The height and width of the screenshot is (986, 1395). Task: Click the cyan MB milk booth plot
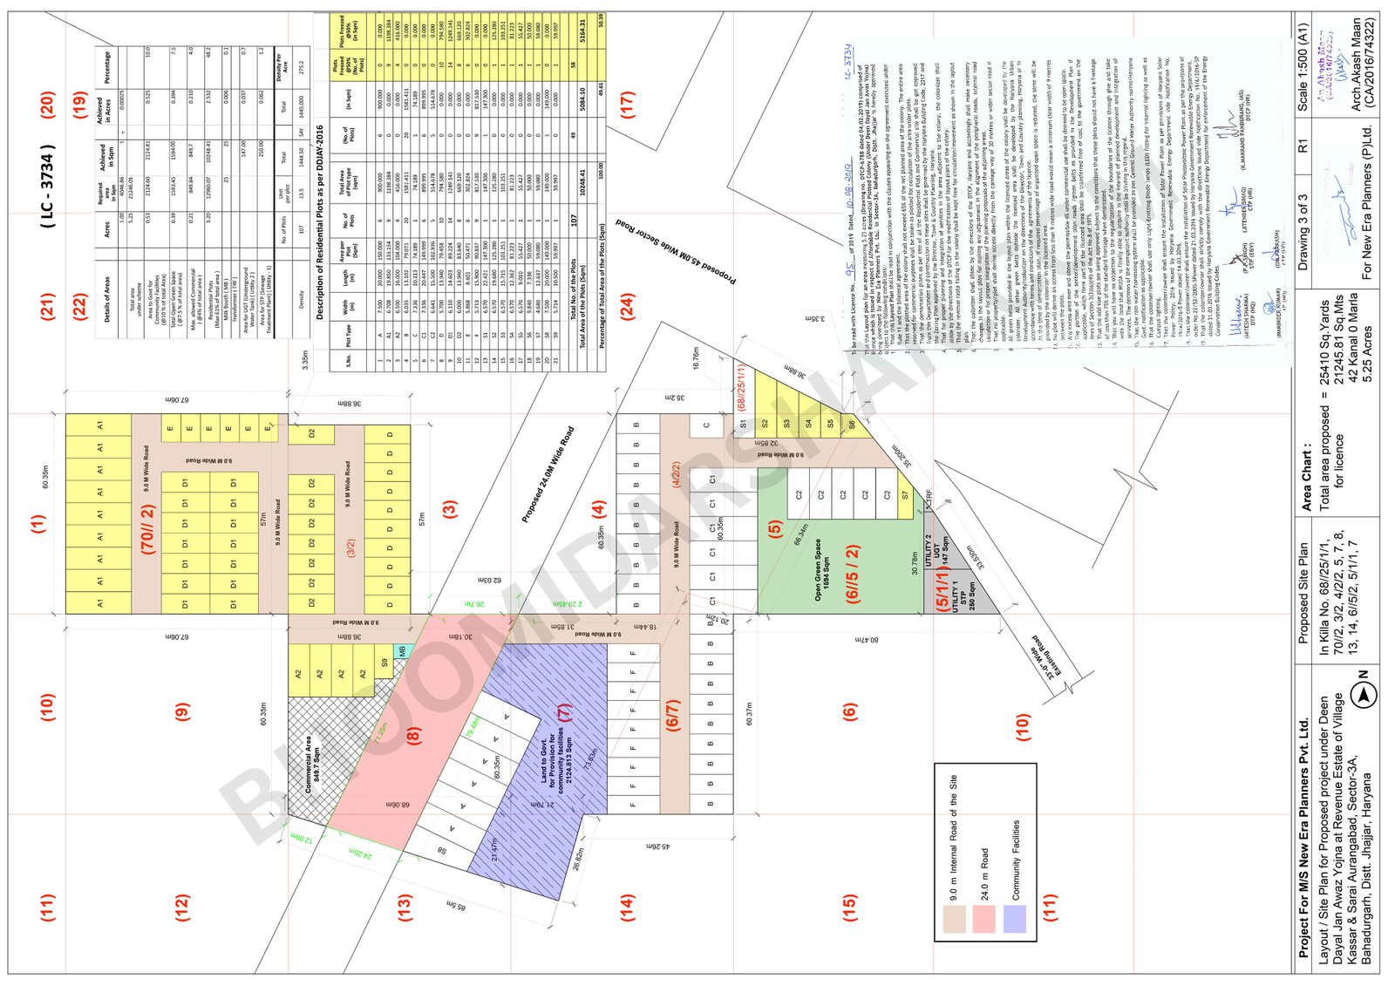click(402, 650)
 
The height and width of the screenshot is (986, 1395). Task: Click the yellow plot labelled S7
click(905, 495)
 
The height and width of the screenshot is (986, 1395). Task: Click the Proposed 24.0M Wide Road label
click(548, 475)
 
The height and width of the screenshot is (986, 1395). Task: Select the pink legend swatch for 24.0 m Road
click(983, 919)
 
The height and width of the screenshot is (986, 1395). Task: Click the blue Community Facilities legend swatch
click(1014, 919)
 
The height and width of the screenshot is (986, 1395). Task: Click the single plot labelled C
click(706, 425)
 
